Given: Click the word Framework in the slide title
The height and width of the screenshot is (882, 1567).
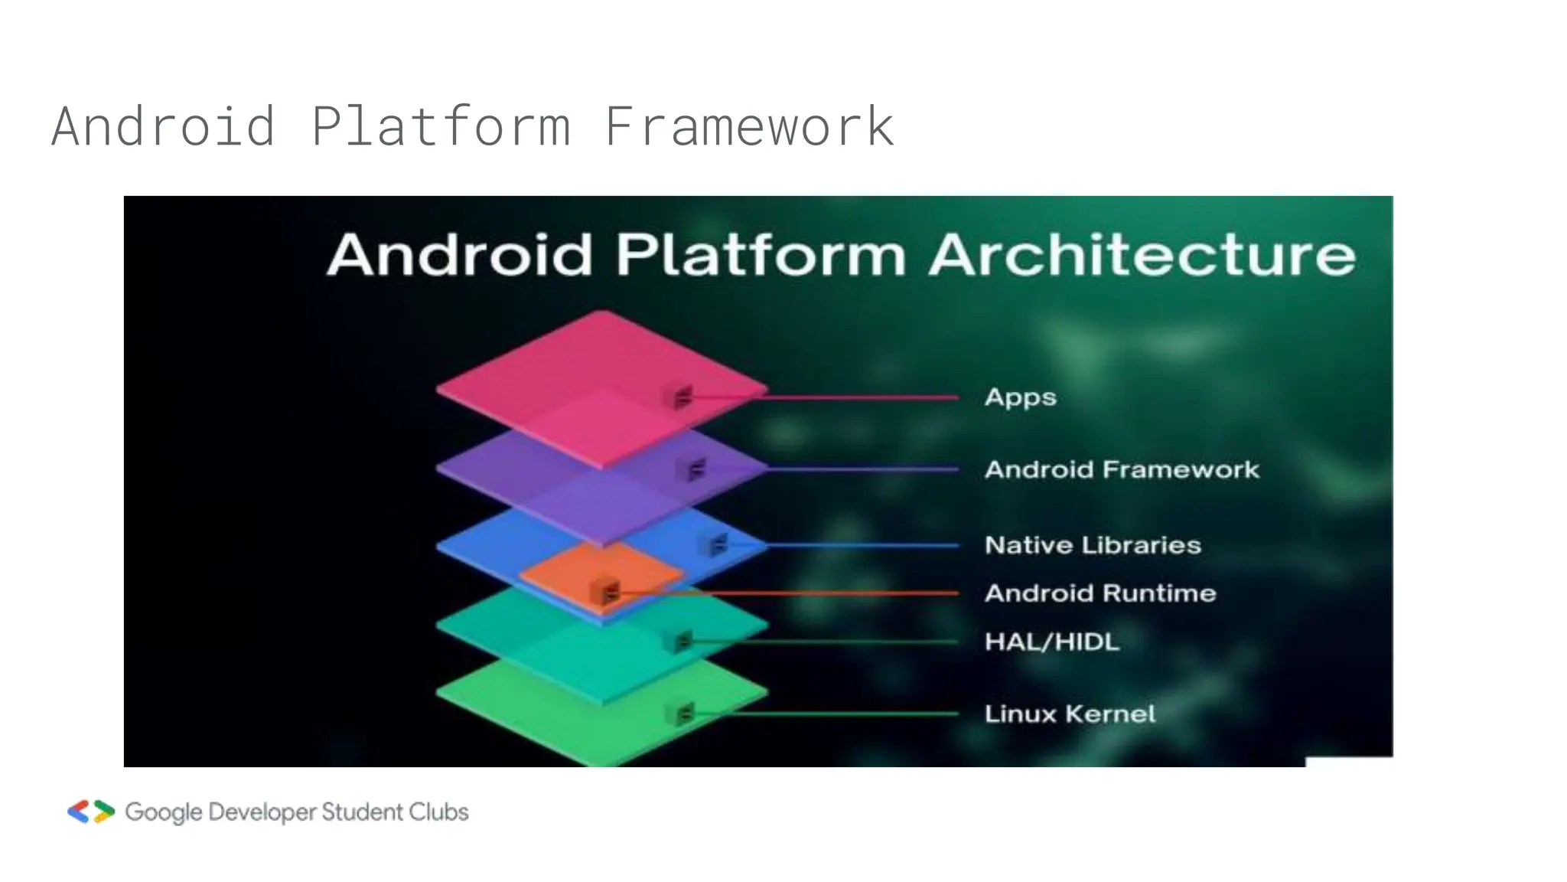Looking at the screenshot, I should pos(749,126).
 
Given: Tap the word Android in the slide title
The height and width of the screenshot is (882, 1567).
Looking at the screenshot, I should pos(164,126).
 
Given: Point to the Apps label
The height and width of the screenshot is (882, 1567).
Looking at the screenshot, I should pos(1020,397).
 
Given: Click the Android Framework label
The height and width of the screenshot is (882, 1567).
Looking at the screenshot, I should pos(1122,469).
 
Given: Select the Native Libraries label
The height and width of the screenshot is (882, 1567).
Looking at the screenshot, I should pos(1093,545).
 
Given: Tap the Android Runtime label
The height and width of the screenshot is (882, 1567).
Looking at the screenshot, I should pos(1100,593).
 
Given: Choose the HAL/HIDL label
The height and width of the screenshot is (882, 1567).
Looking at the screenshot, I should pos(1052,642).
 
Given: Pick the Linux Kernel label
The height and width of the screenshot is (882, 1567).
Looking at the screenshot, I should pos(1070,714).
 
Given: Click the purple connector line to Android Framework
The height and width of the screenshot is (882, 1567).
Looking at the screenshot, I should pos(865,469).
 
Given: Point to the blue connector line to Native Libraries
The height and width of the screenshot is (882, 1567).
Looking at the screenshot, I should pos(865,545).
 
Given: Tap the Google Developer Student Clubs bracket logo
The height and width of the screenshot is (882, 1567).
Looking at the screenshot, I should pos(91,812).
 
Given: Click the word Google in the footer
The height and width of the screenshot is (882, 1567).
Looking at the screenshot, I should pos(164,812).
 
